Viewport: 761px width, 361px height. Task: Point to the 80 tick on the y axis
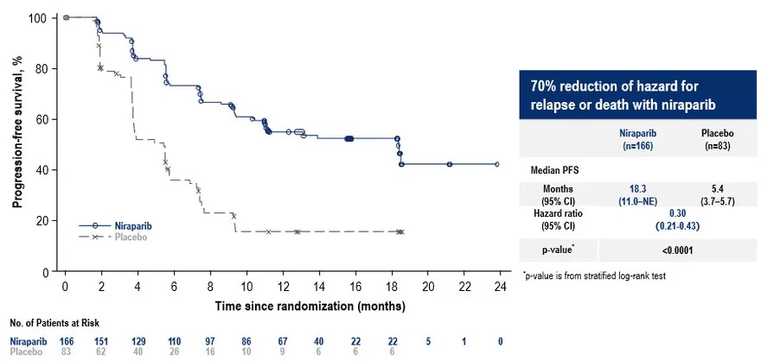pyautogui.click(x=45, y=68)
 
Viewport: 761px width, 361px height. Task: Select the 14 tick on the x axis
pyautogui.click(x=319, y=286)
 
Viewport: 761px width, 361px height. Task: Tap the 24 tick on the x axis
pyautogui.click(x=501, y=286)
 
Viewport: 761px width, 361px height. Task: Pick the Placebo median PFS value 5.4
pyautogui.click(x=717, y=187)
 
